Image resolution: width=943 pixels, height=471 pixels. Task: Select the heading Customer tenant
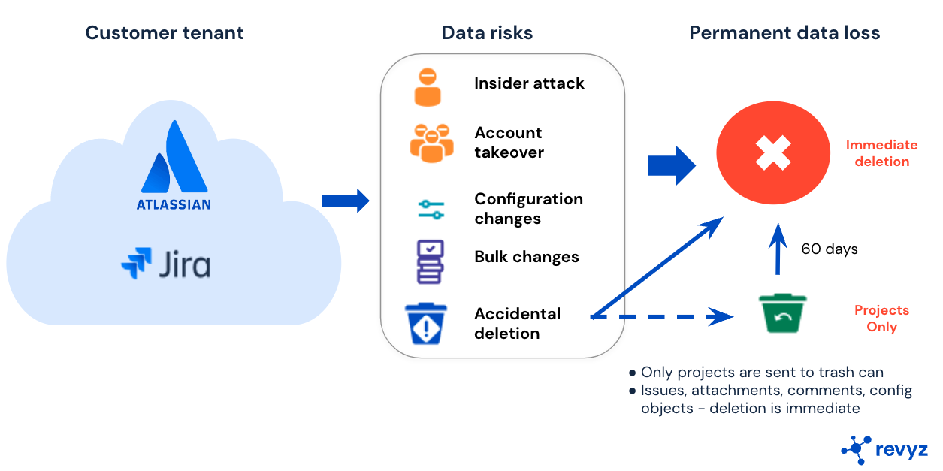[x=165, y=33]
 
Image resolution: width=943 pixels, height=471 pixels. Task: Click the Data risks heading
[x=487, y=33]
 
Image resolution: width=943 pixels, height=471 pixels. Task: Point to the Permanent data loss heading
[x=784, y=33]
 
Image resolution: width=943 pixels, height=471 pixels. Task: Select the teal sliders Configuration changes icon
[x=431, y=209]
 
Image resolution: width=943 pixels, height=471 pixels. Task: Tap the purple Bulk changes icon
[x=430, y=261]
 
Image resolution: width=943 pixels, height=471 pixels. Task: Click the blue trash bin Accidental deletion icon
[x=426, y=324]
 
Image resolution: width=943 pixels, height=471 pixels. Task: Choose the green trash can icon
[x=782, y=313]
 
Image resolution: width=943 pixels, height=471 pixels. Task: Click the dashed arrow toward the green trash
[x=661, y=317]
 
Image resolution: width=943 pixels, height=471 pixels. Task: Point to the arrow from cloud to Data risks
[x=345, y=201]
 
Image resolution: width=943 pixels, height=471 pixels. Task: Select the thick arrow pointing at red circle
[x=671, y=165]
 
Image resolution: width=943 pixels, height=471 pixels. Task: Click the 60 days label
[x=830, y=249]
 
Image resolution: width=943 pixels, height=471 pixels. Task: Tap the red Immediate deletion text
[x=881, y=153]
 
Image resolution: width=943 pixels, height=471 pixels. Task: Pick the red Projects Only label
[x=881, y=319]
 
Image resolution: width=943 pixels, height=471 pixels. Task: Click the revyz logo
[x=884, y=448]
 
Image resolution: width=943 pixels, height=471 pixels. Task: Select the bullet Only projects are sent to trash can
[x=761, y=373]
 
